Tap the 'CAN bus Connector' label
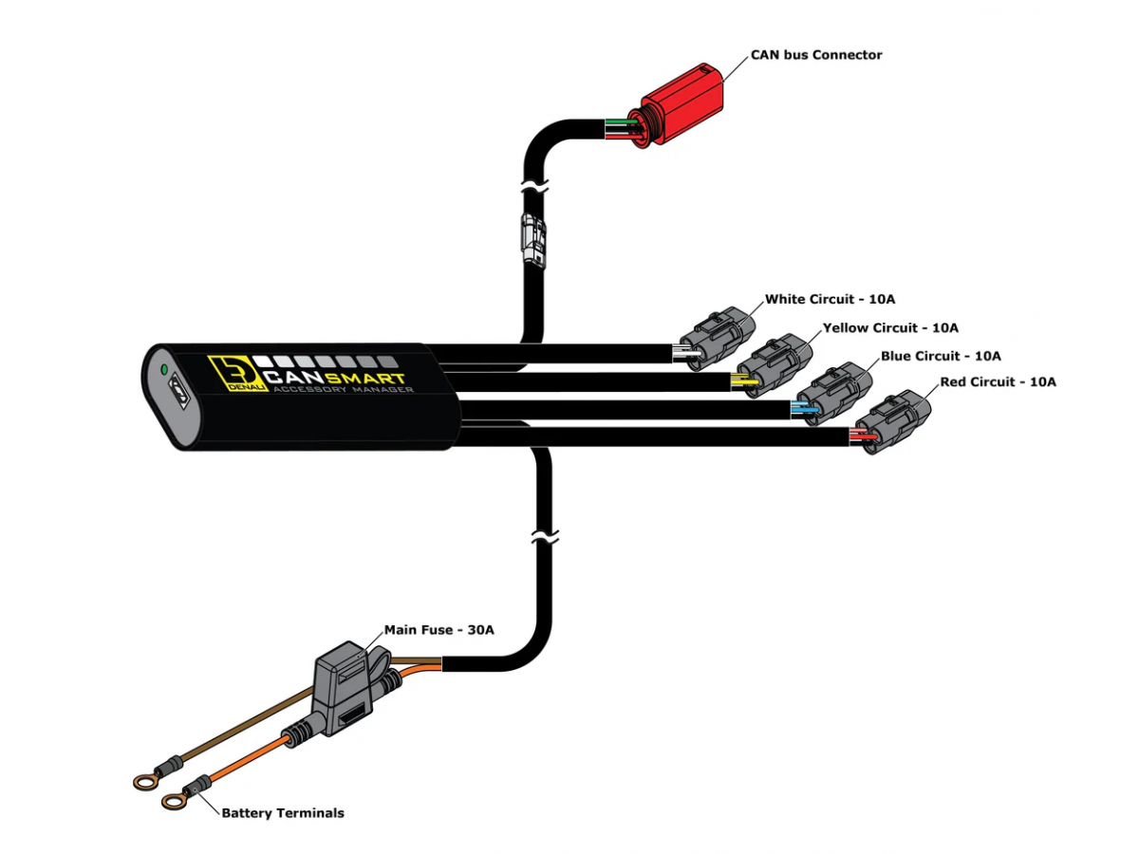point(816,55)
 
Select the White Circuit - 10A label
point(830,299)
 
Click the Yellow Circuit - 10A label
point(890,327)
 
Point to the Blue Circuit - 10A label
point(941,356)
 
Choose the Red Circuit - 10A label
point(998,382)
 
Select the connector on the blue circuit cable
point(831,392)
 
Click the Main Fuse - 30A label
point(439,629)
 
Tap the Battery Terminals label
point(283,813)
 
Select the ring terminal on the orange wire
point(175,802)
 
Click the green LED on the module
point(164,368)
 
